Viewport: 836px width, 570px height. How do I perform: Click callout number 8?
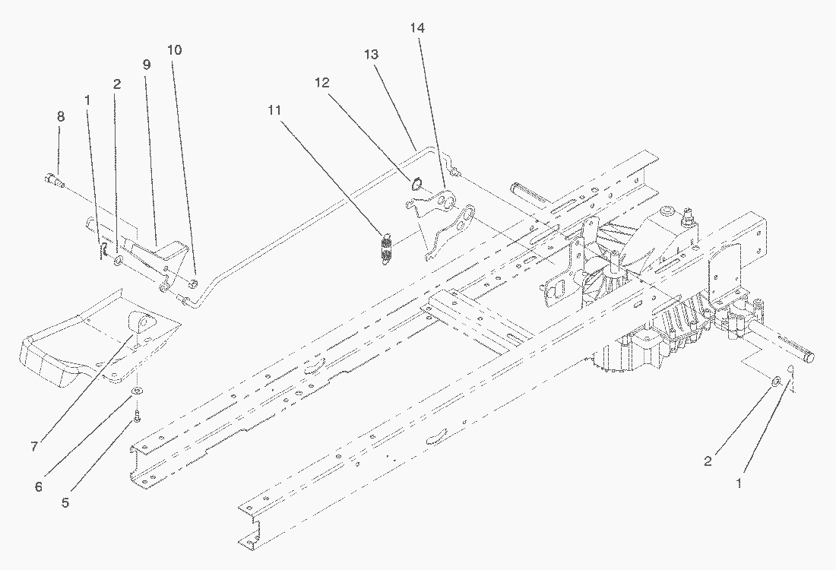[60, 116]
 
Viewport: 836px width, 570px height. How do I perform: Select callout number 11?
[274, 110]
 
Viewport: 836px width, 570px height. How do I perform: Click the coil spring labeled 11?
[386, 248]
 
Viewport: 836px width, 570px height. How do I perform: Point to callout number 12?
[322, 83]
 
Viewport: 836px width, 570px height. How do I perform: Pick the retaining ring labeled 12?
[416, 183]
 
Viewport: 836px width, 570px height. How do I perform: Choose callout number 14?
[416, 28]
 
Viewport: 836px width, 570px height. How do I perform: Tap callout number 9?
[146, 65]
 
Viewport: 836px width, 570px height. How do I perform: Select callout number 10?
[174, 50]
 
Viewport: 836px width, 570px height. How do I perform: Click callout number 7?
[34, 447]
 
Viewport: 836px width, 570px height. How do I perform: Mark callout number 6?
[39, 486]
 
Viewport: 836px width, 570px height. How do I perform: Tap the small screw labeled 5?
[137, 416]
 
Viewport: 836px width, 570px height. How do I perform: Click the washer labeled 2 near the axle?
[774, 380]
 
